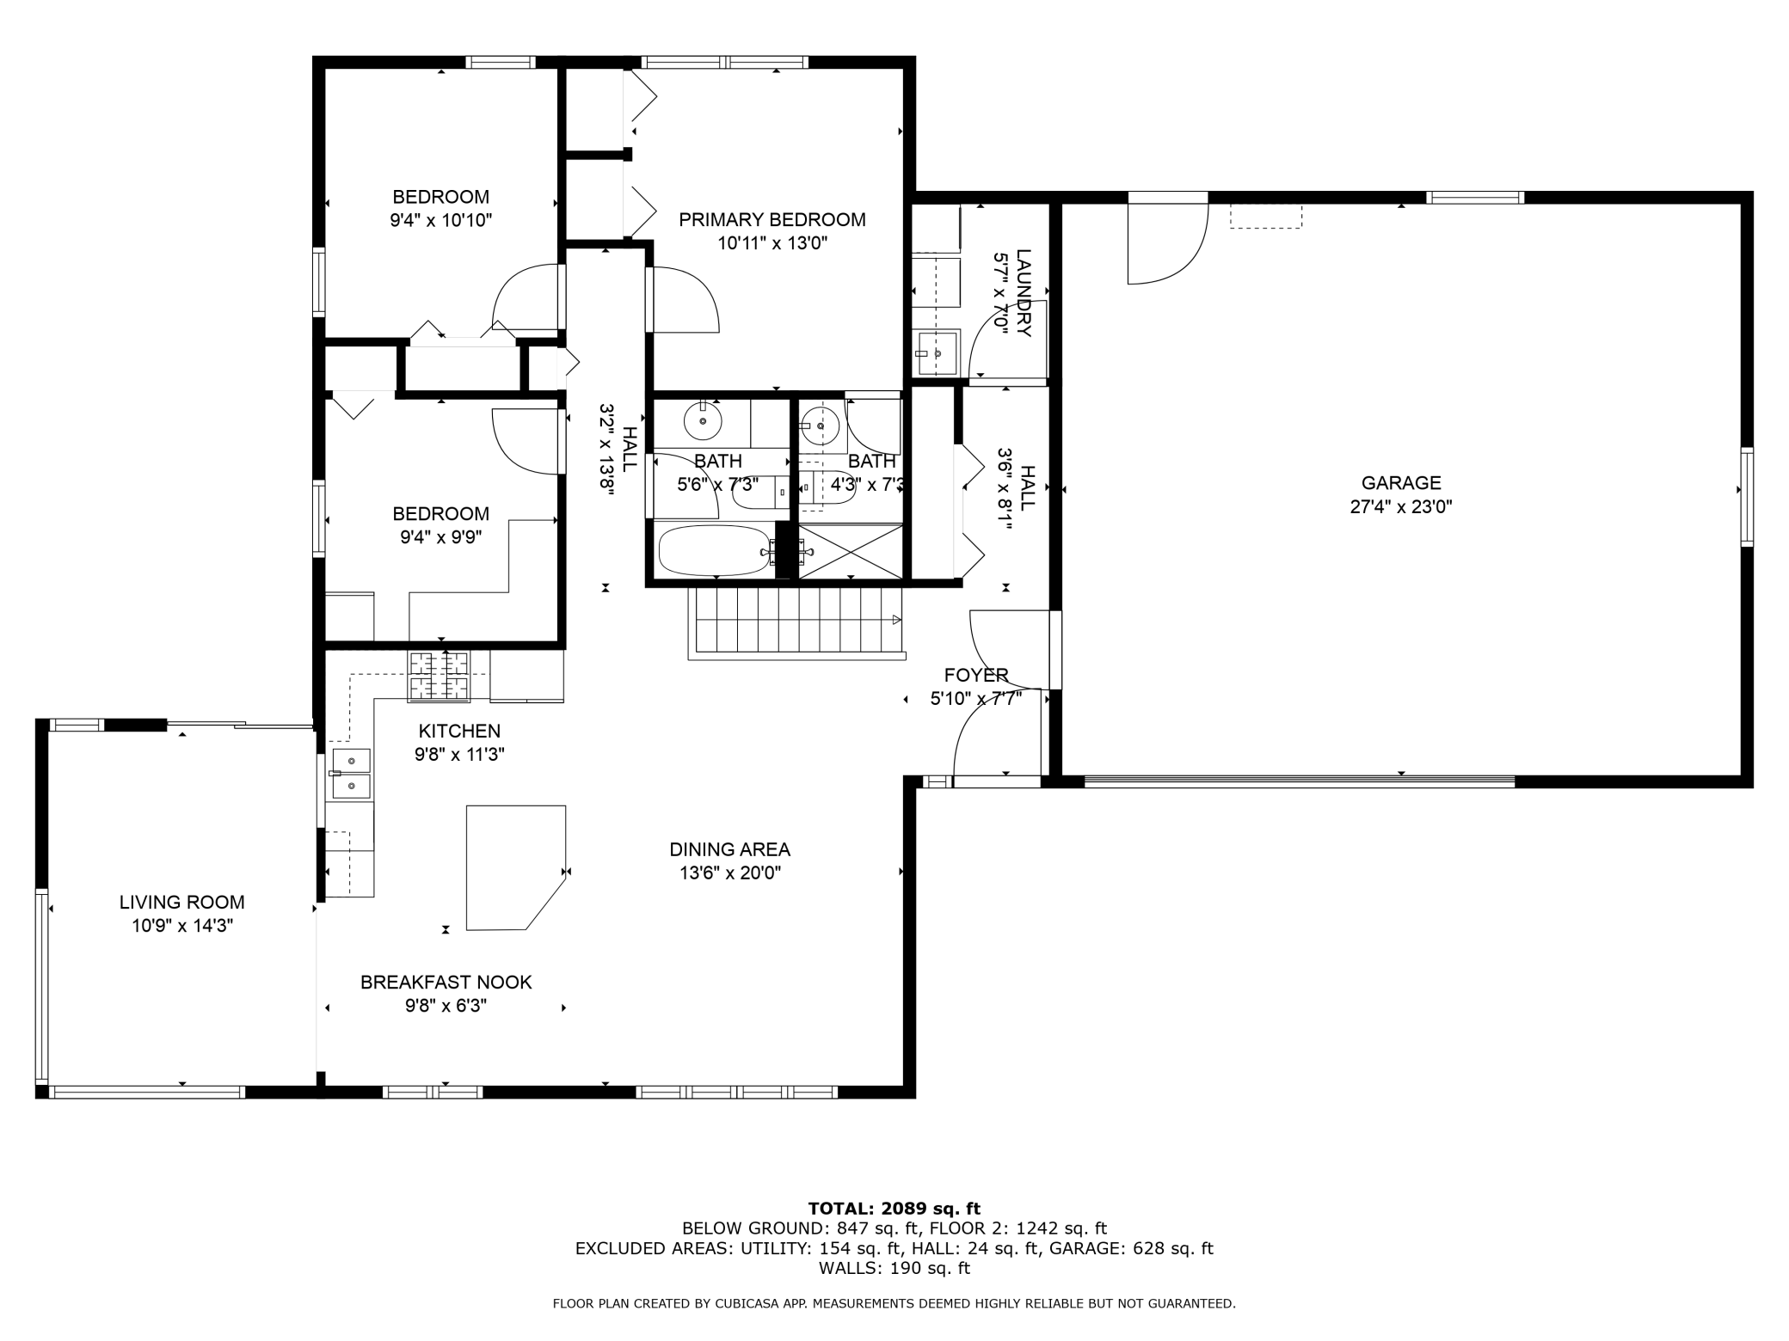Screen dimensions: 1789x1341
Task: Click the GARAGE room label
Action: (1400, 483)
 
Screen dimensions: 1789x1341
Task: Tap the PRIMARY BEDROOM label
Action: (772, 220)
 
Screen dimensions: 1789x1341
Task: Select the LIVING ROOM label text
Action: (181, 903)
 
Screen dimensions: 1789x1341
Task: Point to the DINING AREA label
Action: (729, 850)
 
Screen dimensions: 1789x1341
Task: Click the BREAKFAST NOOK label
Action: (446, 983)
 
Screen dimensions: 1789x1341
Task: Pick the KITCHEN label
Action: (459, 732)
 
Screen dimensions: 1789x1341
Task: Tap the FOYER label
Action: (975, 676)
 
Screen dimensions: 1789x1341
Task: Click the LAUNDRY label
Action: (1024, 293)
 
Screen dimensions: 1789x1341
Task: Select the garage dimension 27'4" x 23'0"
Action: (1400, 507)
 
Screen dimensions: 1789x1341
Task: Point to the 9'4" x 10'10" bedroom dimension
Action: (440, 221)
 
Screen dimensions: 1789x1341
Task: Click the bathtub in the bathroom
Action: (715, 551)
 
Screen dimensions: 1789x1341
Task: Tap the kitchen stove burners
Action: (439, 676)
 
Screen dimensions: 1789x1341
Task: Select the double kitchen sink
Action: (351, 774)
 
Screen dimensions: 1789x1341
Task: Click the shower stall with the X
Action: (850, 551)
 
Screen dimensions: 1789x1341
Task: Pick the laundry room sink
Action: (937, 352)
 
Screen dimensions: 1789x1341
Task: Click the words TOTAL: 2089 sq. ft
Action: (894, 1209)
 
